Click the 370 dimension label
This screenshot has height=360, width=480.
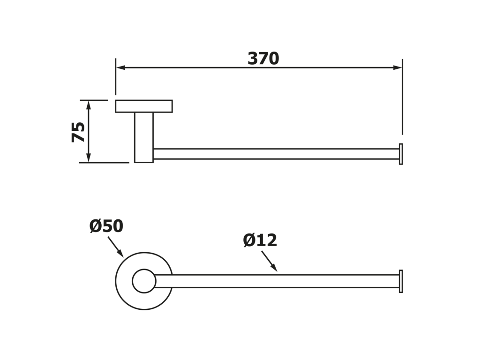[263, 59]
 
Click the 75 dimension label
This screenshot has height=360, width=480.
[78, 132]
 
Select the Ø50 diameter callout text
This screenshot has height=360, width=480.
[106, 226]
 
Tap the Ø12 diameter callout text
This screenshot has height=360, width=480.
[260, 240]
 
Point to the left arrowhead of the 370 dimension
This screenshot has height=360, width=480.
[120, 67]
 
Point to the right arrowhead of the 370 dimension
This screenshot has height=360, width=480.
[397, 67]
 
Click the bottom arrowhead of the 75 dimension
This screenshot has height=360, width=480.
[89, 157]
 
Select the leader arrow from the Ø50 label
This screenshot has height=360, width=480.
[116, 247]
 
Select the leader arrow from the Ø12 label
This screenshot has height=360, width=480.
[270, 261]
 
